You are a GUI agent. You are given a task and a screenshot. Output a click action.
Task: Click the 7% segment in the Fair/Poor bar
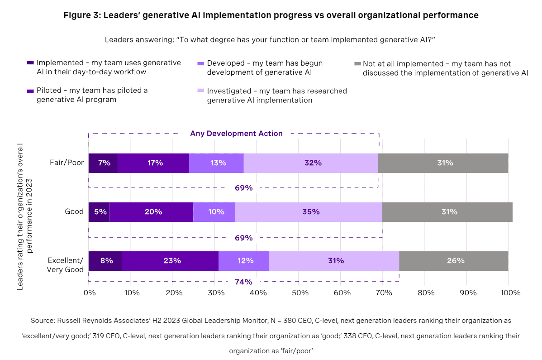pyautogui.click(x=103, y=163)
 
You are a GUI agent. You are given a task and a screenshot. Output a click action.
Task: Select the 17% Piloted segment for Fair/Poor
pyautogui.click(x=153, y=163)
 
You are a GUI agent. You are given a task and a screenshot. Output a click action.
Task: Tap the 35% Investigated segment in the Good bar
pyautogui.click(x=309, y=212)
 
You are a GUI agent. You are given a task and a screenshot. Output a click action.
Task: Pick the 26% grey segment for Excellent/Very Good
pyautogui.click(x=453, y=260)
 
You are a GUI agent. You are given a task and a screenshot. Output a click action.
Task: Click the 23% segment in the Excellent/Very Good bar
pyautogui.click(x=170, y=260)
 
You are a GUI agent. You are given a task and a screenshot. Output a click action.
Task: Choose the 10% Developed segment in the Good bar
pyautogui.click(x=214, y=212)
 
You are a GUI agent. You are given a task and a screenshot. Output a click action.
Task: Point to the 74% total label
pyautogui.click(x=243, y=282)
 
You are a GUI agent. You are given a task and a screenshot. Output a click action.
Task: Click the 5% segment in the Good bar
pyautogui.click(x=99, y=212)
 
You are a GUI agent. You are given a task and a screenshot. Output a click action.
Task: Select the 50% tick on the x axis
pyautogui.click(x=300, y=293)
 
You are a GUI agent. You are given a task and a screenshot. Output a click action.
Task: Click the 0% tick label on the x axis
pyautogui.click(x=90, y=293)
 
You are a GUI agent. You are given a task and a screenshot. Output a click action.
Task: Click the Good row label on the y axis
pyautogui.click(x=75, y=212)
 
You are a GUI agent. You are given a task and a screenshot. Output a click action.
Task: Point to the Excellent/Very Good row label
pyautogui.click(x=66, y=264)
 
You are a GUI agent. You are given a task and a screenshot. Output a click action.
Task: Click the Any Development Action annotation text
pyautogui.click(x=236, y=134)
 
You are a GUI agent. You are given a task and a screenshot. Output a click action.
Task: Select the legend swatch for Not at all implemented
pyautogui.click(x=357, y=64)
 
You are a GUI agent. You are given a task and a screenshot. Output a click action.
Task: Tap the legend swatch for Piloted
pyautogui.click(x=30, y=91)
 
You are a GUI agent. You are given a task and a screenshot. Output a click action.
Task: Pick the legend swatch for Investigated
pyautogui.click(x=201, y=91)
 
